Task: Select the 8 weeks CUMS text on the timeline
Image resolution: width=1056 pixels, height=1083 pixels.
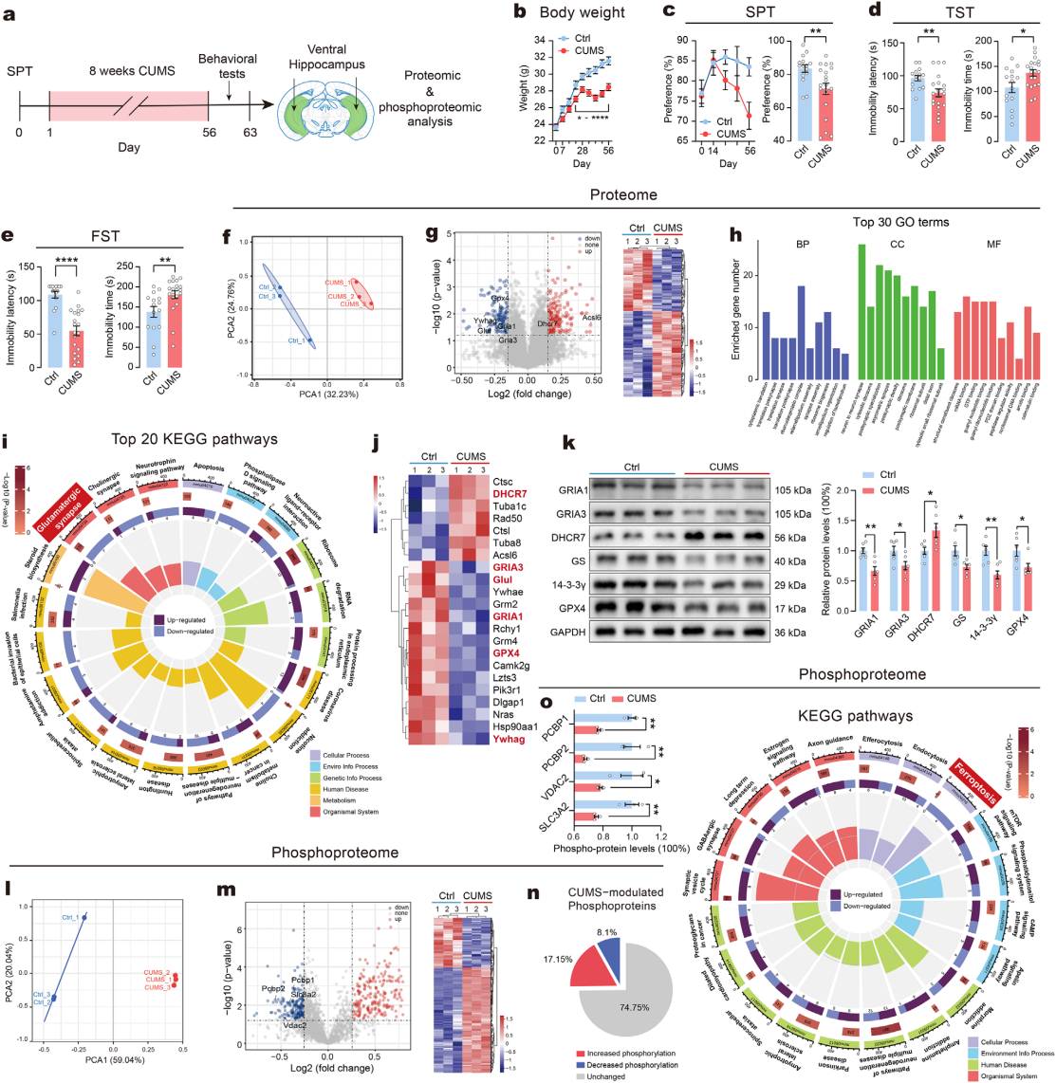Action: (x=128, y=71)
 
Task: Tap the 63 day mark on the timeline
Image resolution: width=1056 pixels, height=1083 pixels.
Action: (x=249, y=132)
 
